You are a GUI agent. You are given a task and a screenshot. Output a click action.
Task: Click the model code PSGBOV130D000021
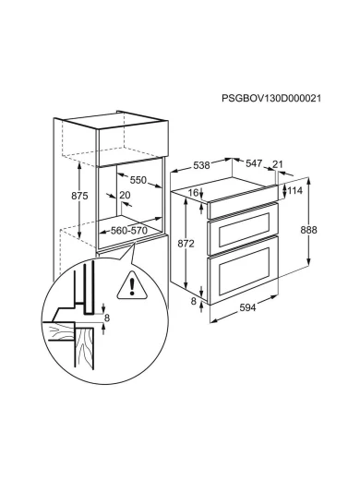(271, 98)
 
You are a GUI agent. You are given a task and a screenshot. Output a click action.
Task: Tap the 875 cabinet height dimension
(79, 196)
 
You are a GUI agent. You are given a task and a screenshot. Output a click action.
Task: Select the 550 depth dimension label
(138, 180)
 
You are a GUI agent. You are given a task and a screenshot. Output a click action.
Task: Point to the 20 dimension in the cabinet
(125, 195)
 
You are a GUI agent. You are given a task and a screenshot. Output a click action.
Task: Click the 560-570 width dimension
(129, 230)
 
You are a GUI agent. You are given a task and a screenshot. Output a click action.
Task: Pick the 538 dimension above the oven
(201, 165)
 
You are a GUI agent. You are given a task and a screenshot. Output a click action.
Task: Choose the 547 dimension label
(254, 163)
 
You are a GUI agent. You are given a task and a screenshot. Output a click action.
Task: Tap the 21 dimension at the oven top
(278, 163)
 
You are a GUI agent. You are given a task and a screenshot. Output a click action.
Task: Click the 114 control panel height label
(295, 191)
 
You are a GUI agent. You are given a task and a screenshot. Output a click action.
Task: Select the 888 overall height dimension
(308, 230)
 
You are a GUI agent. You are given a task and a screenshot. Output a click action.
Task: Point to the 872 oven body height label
(186, 244)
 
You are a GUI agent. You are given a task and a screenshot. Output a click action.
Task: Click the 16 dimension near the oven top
(193, 193)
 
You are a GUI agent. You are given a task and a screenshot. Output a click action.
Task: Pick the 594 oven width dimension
(247, 307)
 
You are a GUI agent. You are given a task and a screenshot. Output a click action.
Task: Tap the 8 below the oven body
(193, 301)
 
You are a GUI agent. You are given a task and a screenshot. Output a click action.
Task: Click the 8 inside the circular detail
(107, 318)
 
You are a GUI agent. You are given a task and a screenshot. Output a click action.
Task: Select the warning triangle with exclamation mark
(132, 285)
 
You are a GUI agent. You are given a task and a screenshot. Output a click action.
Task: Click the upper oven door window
(245, 229)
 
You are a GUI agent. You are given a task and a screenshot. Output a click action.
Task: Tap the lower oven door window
(245, 270)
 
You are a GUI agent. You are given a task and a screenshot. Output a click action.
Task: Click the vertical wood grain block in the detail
(84, 348)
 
